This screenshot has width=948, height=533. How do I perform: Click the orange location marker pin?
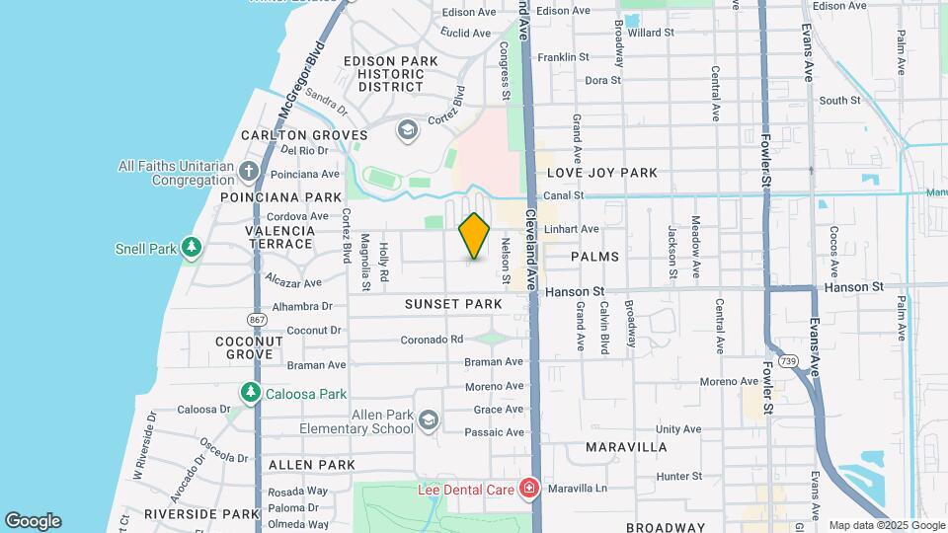pos(475,235)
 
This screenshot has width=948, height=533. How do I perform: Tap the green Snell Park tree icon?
pos(192,248)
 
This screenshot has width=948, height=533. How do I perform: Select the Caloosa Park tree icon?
pos(251,393)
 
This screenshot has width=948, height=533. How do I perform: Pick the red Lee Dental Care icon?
pos(529,489)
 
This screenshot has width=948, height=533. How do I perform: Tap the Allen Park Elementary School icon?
pos(428,421)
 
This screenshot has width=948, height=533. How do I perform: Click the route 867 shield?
pos(258,320)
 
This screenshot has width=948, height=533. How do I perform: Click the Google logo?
pos(33,520)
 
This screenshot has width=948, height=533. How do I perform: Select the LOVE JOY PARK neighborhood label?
pos(601,173)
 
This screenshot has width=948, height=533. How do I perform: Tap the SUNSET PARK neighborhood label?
pos(453,304)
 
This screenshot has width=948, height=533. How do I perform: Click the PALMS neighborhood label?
pos(594,257)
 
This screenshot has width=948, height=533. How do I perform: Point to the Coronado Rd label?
pos(432,339)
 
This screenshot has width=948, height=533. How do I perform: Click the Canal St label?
pos(565,195)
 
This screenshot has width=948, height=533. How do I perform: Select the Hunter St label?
pos(678,476)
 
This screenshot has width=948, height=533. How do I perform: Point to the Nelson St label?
pos(506,258)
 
